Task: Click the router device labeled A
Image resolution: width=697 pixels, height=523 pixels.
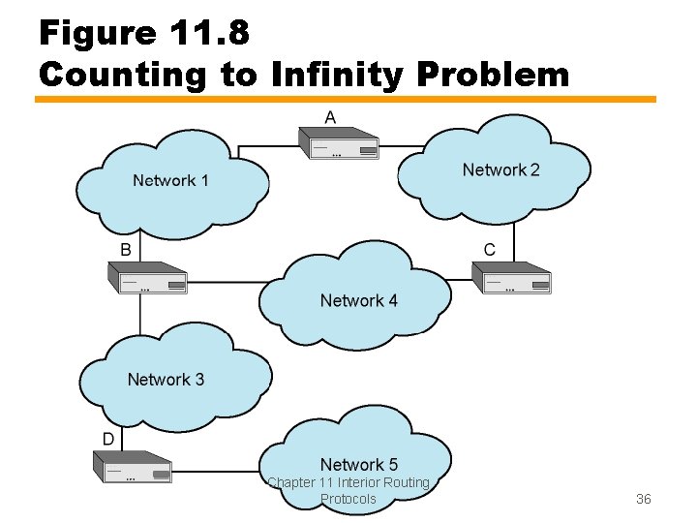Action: click(x=342, y=146)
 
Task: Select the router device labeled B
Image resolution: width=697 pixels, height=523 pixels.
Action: click(x=146, y=279)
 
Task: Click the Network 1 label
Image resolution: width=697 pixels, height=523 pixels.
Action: click(x=170, y=180)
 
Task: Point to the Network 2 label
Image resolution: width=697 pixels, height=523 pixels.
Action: click(x=500, y=169)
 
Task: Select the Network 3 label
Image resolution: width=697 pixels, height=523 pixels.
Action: click(x=166, y=379)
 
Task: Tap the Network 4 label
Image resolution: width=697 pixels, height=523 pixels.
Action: click(x=358, y=300)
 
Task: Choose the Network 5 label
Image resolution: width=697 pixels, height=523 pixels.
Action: click(x=358, y=464)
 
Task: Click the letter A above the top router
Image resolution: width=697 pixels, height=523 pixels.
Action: click(x=330, y=117)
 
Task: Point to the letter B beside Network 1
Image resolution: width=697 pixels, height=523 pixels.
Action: click(x=125, y=250)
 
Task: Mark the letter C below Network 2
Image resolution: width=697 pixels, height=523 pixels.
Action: click(x=489, y=250)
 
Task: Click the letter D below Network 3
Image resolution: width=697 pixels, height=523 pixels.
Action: click(x=109, y=439)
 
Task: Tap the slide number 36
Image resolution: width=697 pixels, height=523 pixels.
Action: click(x=643, y=499)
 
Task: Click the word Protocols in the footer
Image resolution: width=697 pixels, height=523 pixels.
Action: click(x=348, y=499)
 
